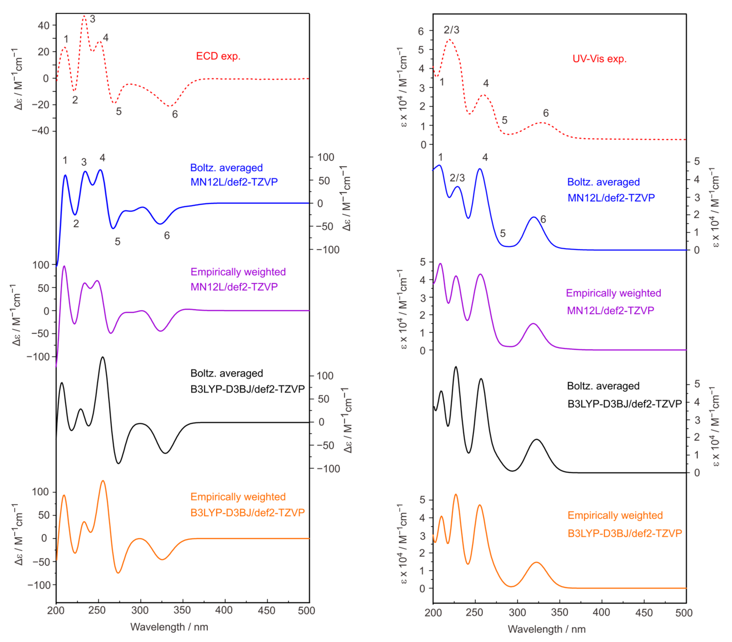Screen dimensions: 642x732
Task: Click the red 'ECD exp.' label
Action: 218,56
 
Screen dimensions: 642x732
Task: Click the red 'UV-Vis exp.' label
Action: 600,59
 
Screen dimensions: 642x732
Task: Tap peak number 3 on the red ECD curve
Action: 93,19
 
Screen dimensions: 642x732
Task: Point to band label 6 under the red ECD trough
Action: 175,114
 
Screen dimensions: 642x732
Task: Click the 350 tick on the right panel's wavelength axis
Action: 559,612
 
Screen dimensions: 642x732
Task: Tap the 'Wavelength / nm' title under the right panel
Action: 547,629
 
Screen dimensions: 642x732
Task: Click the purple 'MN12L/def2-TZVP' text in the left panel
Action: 234,287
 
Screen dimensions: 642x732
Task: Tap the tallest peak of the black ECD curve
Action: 103,357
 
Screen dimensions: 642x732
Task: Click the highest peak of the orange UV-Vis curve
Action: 456,494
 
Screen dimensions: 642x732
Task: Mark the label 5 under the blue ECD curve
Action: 117,242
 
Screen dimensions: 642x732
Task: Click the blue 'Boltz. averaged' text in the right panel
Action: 603,182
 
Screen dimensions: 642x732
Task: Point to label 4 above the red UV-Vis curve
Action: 486,83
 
